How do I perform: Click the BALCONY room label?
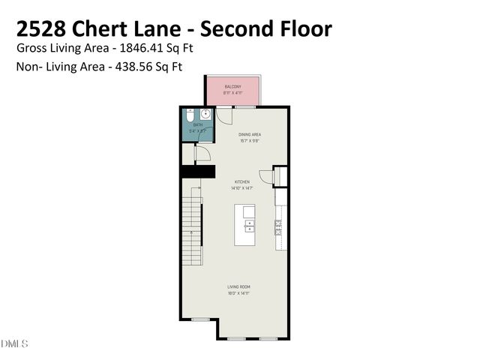(233, 87)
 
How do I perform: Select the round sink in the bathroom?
(205, 115)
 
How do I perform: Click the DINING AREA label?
(249, 134)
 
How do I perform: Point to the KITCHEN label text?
(241, 181)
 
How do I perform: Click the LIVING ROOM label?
(238, 286)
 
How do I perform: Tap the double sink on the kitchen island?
(249, 225)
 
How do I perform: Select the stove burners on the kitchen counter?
(280, 227)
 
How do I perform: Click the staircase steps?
(192, 225)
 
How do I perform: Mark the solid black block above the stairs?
(193, 172)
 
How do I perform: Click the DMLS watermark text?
(14, 343)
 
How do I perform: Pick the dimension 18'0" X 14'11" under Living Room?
(238, 293)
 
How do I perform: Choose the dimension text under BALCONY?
(233, 93)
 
